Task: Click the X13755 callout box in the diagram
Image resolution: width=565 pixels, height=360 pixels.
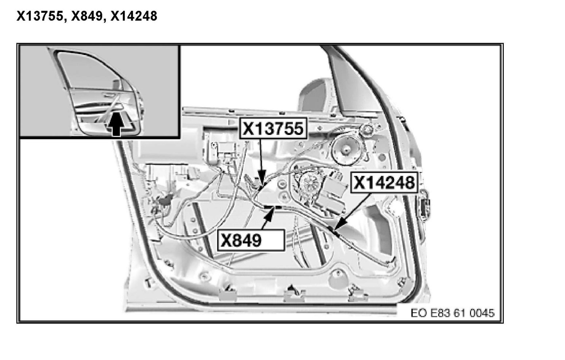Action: (273, 128)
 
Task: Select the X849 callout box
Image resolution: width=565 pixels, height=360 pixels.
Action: (251, 240)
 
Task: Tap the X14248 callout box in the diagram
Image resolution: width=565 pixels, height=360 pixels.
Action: (385, 182)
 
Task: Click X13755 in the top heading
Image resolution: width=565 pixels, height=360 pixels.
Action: (40, 16)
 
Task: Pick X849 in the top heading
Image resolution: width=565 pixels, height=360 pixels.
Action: (87, 16)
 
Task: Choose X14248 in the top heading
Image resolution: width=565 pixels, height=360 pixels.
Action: (134, 16)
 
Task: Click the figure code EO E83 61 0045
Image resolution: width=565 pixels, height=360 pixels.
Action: (453, 313)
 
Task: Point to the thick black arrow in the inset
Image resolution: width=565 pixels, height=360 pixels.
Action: (116, 125)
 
